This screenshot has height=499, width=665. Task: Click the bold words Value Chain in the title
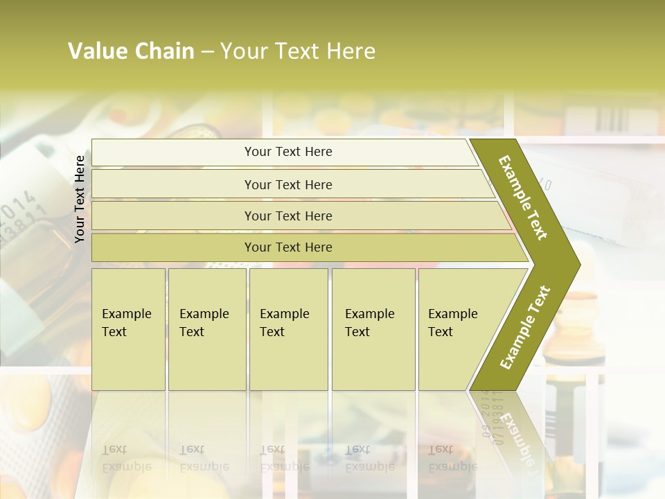click(x=131, y=51)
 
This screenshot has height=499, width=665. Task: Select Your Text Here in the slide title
click(x=298, y=51)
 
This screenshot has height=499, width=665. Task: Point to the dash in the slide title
click(x=207, y=52)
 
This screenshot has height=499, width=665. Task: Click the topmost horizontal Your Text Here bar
click(x=287, y=152)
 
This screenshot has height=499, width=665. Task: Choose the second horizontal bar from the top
click(x=287, y=184)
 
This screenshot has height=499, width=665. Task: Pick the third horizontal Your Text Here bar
click(x=287, y=216)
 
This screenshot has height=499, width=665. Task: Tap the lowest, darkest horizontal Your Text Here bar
click(x=287, y=247)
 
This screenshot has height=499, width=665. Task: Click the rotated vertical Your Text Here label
click(x=80, y=199)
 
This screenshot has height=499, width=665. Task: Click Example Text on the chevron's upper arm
click(x=523, y=198)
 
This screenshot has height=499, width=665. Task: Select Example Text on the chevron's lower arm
click(x=525, y=328)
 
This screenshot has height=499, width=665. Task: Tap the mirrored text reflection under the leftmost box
click(x=126, y=458)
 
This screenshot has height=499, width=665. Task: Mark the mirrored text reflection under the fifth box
click(x=452, y=458)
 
